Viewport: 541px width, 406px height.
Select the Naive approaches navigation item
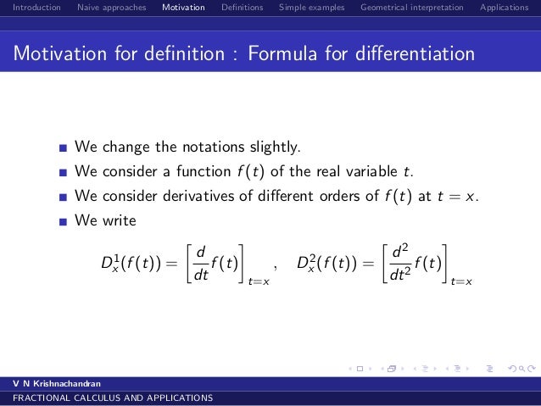[x=111, y=8]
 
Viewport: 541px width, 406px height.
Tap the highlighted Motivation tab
[x=183, y=8]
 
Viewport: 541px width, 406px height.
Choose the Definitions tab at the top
[x=242, y=8]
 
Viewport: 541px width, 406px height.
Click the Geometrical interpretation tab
[x=411, y=8]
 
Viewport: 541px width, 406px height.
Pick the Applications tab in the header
[x=505, y=8]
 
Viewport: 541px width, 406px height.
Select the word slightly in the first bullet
[x=272, y=147]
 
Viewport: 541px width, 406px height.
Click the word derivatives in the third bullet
[x=172, y=196]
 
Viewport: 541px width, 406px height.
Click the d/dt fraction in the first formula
[x=201, y=262]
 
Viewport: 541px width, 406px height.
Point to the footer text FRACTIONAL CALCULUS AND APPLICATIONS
[x=107, y=398]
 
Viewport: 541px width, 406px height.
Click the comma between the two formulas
[x=276, y=267]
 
